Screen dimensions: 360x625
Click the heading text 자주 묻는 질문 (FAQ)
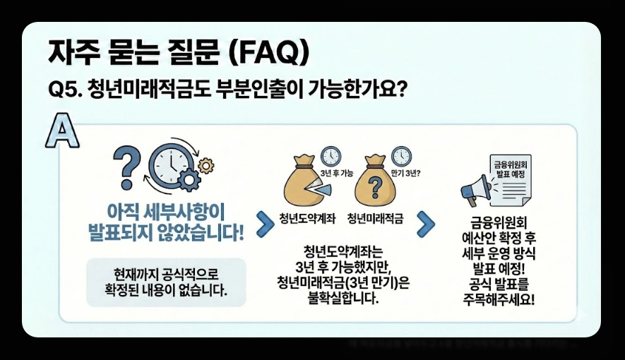click(179, 52)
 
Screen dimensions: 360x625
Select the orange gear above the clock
click(206, 165)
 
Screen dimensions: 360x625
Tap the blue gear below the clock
click(189, 181)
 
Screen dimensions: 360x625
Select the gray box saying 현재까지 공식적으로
click(166, 282)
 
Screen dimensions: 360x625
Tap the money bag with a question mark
click(376, 186)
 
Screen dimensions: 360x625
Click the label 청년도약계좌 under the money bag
click(307, 218)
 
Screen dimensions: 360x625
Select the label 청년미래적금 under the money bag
click(375, 218)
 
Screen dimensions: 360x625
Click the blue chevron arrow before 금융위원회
click(426, 224)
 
